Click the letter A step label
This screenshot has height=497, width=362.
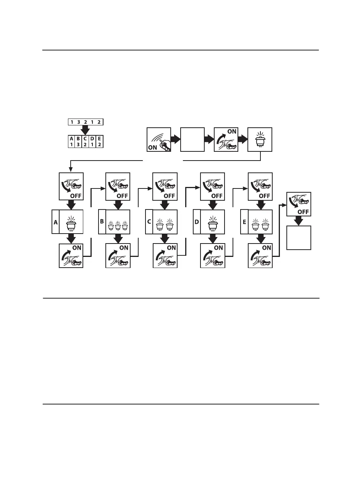[x=55, y=222]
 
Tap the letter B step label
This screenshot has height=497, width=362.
[x=102, y=222]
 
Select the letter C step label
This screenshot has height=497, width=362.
[x=149, y=222]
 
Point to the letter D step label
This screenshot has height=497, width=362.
[x=197, y=222]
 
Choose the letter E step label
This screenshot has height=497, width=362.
[x=244, y=222]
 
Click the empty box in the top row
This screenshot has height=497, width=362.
[x=192, y=140]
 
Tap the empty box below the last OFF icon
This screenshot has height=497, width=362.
[x=299, y=237]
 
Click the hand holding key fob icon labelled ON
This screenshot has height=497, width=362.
[x=159, y=140]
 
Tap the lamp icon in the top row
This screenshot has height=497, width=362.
[x=260, y=140]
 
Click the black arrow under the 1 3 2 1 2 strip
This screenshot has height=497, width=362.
[x=86, y=130]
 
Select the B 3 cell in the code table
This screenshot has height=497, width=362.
[x=78, y=141]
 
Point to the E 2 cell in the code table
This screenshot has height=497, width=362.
[x=99, y=141]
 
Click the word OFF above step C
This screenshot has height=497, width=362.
[x=169, y=196]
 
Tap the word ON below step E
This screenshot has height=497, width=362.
[x=266, y=248]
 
